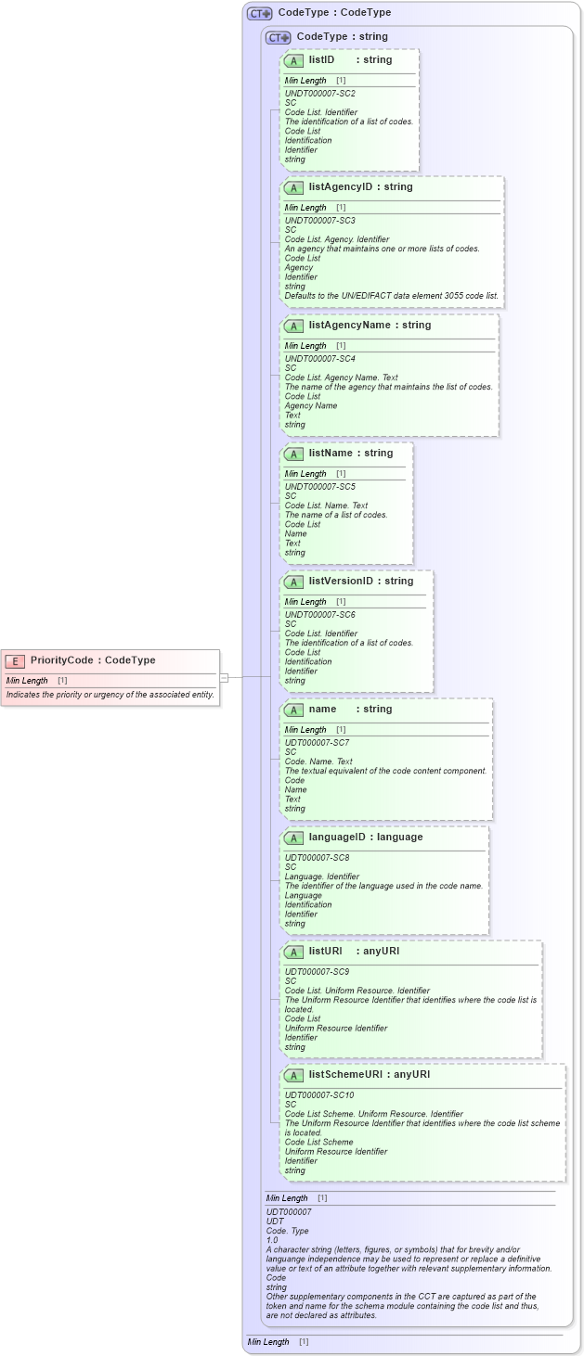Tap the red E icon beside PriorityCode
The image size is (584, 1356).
15,661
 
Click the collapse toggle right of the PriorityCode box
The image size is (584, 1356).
224,677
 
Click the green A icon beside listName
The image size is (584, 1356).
293,454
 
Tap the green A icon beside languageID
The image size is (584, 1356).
293,838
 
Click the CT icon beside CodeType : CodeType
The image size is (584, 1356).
259,14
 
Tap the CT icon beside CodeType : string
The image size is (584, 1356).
278,38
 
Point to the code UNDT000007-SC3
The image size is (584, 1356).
319,221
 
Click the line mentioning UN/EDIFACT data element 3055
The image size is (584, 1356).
391,296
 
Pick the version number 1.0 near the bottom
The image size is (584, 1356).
272,1240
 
